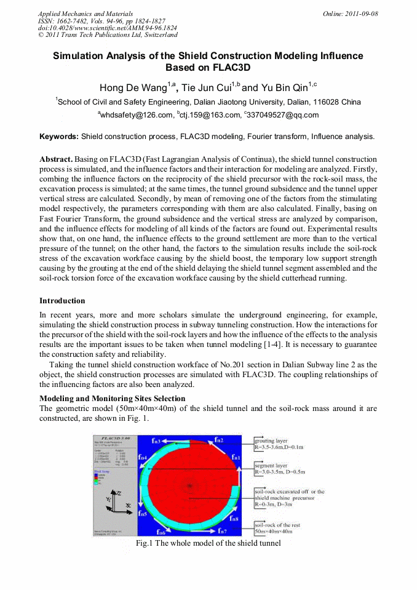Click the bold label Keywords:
(x=59, y=137)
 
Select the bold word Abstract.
(x=56, y=159)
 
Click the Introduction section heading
(x=62, y=301)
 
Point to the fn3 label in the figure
(x=157, y=441)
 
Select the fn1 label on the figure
(x=236, y=458)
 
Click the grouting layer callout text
(x=271, y=441)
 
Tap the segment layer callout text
(x=271, y=466)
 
